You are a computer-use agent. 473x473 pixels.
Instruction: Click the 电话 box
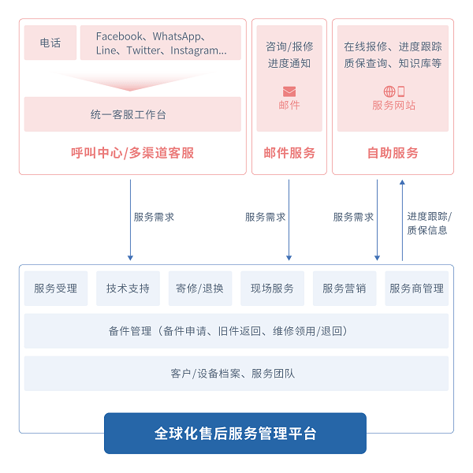pos(50,43)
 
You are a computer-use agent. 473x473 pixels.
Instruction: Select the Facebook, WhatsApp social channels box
pos(161,43)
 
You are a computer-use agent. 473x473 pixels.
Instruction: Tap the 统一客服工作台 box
pos(132,114)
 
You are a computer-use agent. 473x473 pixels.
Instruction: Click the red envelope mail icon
pos(289,91)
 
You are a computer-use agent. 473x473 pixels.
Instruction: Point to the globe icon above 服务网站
pos(389,91)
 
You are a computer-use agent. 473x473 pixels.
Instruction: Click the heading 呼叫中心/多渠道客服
pos(132,153)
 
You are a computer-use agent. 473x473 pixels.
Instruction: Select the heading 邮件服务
pos(289,153)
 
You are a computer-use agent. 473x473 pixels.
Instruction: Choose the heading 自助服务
pos(393,153)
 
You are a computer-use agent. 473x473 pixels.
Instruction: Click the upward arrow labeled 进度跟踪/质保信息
pos(402,220)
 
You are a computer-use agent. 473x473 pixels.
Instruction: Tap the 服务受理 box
pos(56,289)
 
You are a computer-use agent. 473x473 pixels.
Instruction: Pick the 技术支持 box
pos(128,289)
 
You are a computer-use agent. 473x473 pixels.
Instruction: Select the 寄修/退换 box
pos(200,289)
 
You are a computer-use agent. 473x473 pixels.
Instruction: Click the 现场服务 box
pos(272,289)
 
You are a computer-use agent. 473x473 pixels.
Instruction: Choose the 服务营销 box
pos(345,289)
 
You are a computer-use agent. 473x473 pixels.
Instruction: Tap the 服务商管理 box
pos(416,289)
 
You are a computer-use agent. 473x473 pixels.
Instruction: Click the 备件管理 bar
pos(236,331)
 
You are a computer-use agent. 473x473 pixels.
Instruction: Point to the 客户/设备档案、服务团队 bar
pos(236,374)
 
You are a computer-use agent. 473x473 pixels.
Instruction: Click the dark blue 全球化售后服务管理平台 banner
pos(235,433)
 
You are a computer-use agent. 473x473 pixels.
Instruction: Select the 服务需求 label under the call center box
pos(154,217)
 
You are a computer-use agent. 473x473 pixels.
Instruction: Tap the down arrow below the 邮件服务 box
pos(289,220)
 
